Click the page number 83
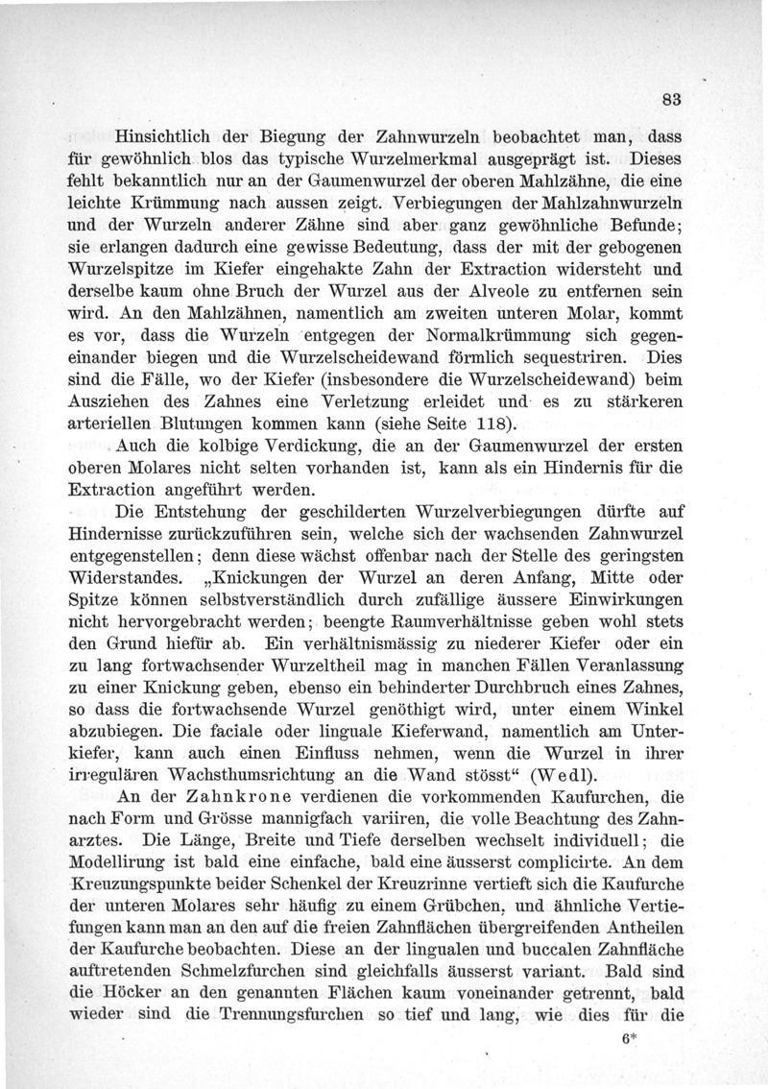point(670,98)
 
